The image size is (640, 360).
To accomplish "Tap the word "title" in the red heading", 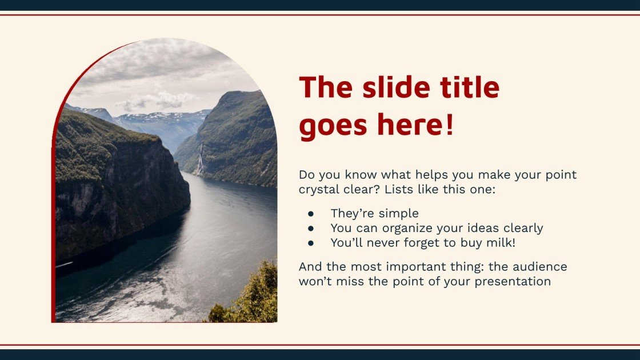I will tap(470, 88).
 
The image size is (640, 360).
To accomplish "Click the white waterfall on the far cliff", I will tap(199, 161).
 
